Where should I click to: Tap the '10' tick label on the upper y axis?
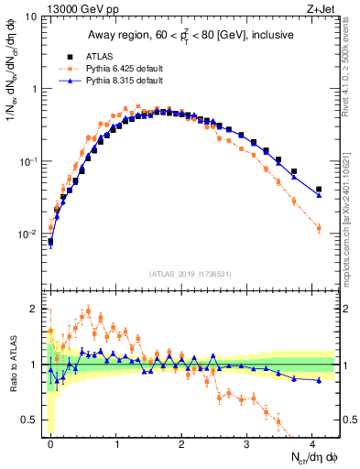point(30,16)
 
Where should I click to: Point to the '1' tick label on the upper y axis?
point(33,89)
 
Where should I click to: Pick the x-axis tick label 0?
point(50,443)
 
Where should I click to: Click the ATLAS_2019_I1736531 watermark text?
point(191,274)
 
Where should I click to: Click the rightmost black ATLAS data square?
point(319,190)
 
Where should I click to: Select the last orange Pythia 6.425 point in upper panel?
point(319,228)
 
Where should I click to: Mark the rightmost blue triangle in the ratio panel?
point(319,380)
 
